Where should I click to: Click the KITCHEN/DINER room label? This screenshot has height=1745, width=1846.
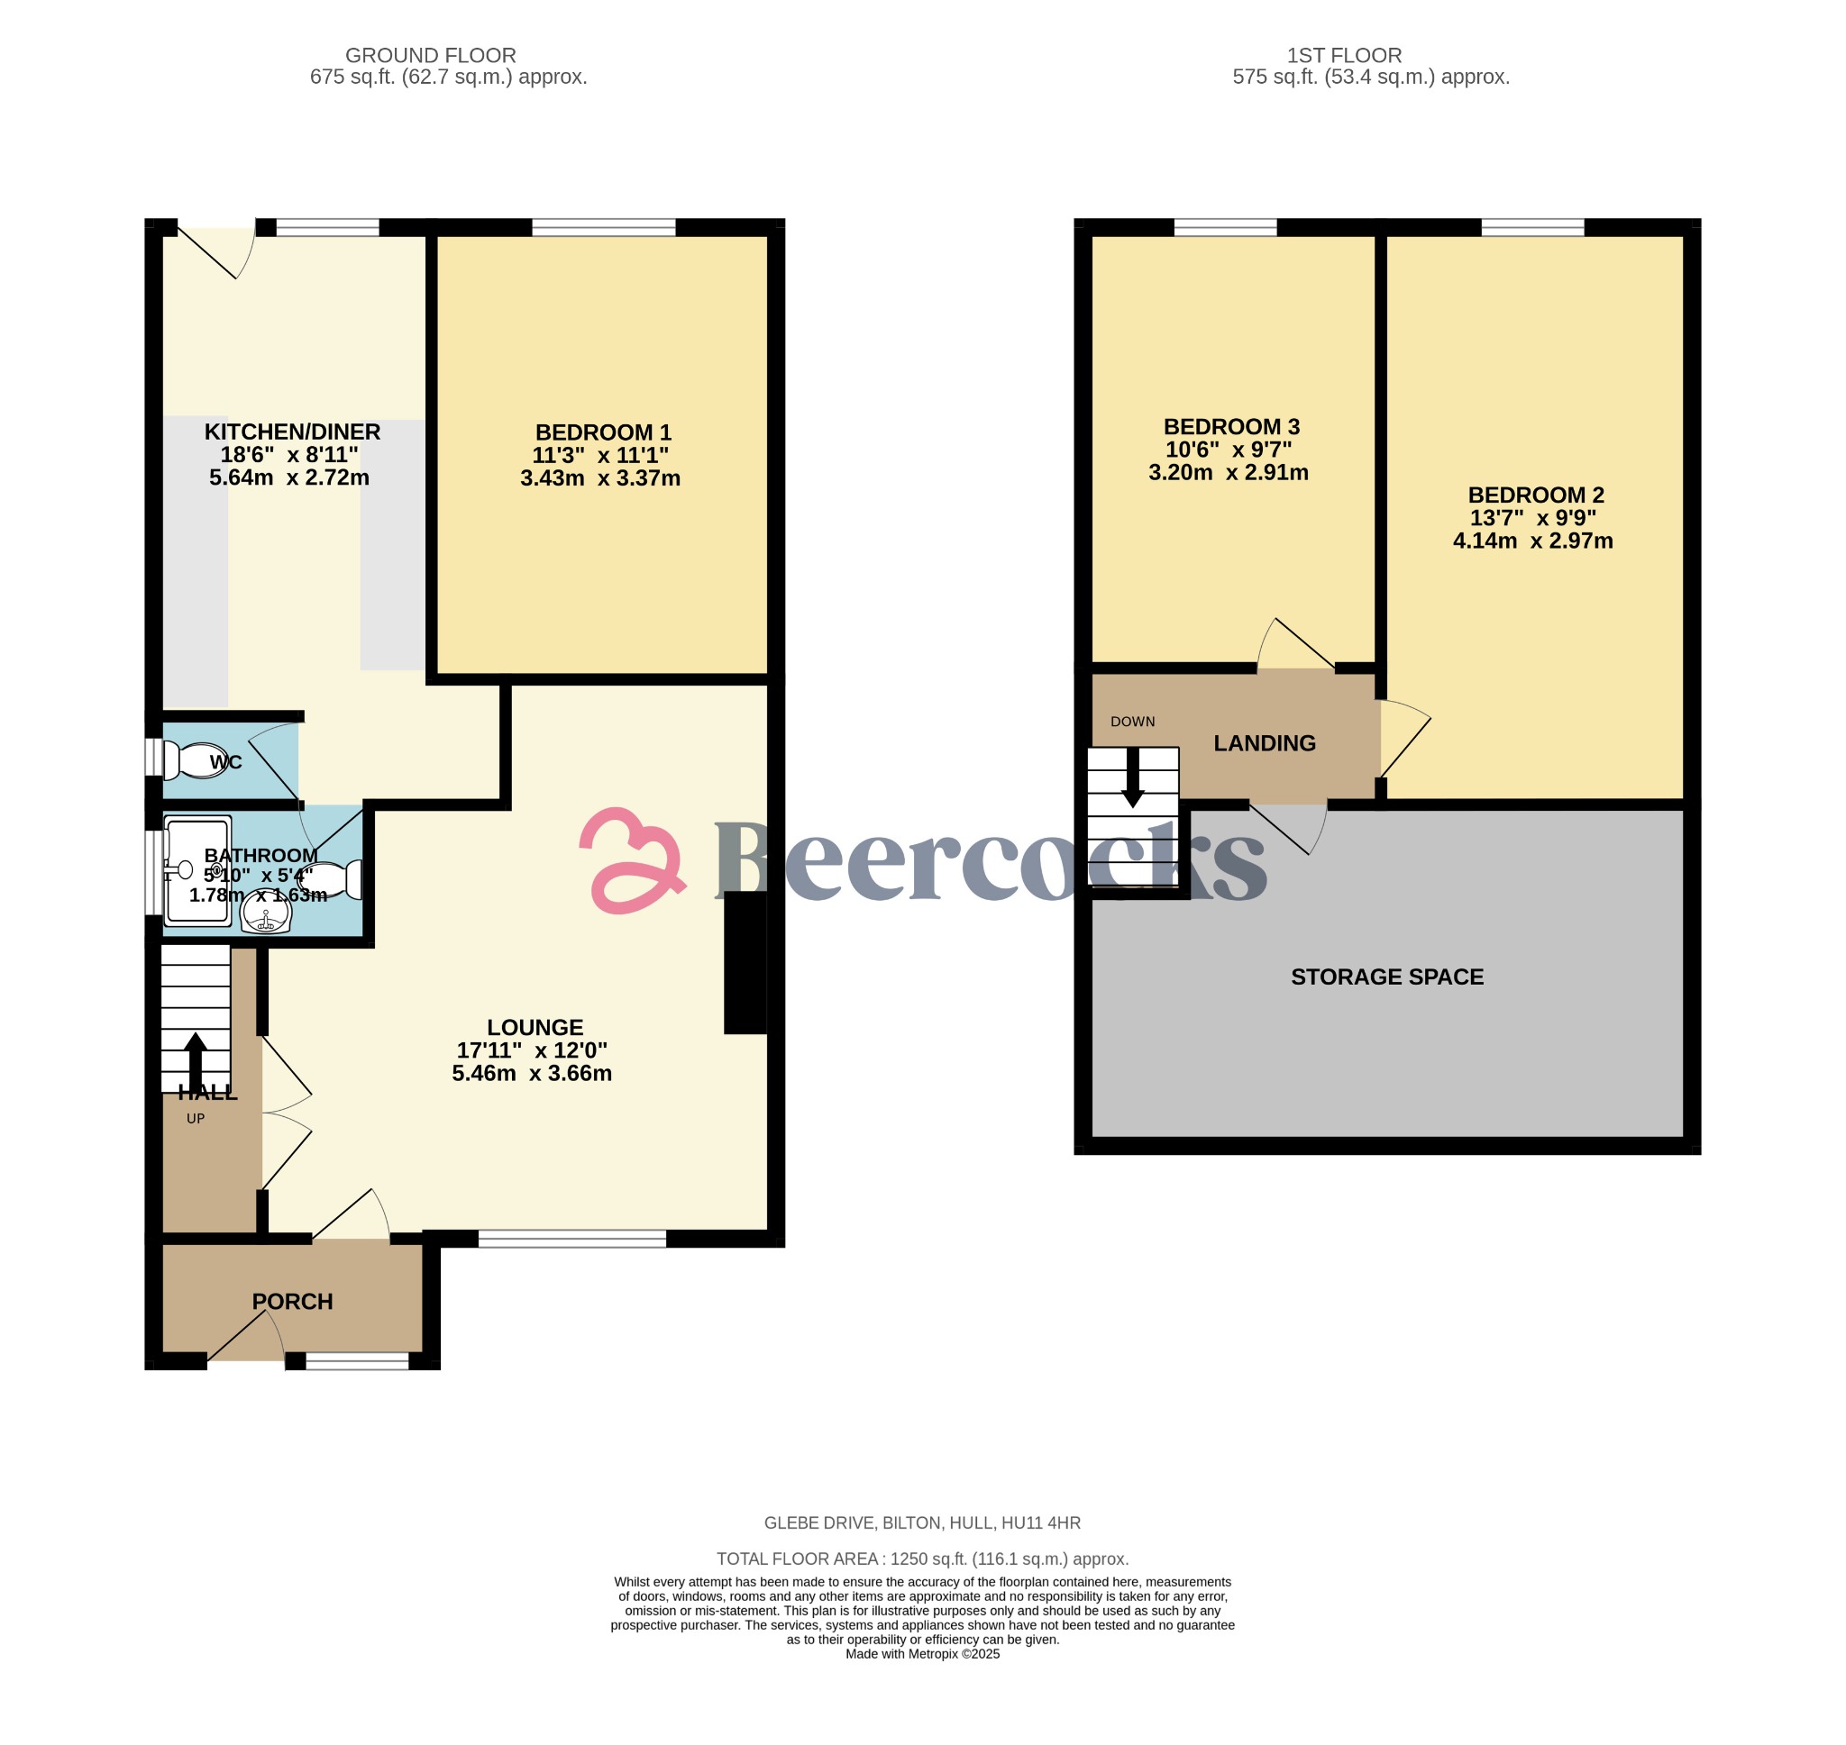[292, 432]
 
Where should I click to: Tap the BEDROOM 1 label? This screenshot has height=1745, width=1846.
[603, 432]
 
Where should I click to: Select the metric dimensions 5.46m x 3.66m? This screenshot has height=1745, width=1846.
[531, 1074]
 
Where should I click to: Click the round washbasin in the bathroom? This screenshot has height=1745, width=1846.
[266, 915]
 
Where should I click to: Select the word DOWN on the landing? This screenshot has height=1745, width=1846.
[1132, 722]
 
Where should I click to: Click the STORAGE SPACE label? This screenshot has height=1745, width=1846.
[1386, 977]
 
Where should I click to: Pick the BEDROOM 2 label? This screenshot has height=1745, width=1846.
[1535, 495]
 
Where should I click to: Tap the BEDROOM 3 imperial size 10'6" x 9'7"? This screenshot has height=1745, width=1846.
[1229, 450]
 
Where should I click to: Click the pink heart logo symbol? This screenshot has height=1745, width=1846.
[633, 860]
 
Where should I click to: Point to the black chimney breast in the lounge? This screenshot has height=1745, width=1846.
[745, 963]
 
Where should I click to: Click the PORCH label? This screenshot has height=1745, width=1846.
[292, 1301]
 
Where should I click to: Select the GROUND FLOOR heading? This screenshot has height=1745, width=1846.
[430, 56]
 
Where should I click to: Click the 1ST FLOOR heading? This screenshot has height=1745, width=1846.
[1344, 56]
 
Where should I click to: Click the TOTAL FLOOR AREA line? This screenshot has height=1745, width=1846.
[921, 1559]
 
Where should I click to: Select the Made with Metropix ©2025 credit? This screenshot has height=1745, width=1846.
[921, 1654]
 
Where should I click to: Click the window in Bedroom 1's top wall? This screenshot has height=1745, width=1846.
[603, 227]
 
